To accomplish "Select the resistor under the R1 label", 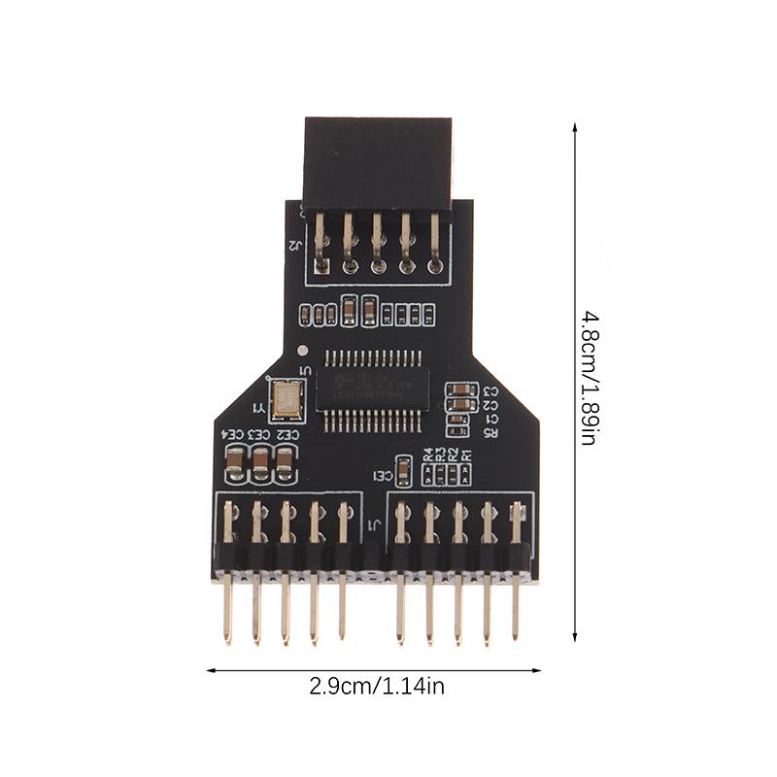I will tap(467, 473).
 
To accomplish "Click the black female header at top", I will tap(378, 160).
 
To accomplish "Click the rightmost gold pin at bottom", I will tap(516, 612).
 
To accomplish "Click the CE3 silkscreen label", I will tap(259, 435).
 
